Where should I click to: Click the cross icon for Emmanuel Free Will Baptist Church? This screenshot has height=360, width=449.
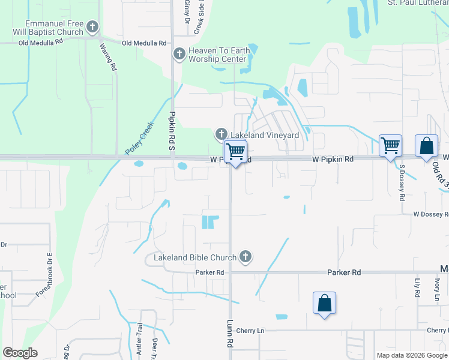click(92, 26)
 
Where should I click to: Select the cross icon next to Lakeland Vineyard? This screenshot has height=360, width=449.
click(221, 133)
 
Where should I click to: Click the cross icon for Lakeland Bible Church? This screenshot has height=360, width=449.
click(244, 257)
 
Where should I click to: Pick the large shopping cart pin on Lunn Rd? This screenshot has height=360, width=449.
click(235, 152)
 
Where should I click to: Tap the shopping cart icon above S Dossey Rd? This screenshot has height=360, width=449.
click(391, 146)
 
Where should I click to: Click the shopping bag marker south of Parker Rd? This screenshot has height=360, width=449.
click(324, 303)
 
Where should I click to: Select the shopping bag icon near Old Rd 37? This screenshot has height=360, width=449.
click(426, 146)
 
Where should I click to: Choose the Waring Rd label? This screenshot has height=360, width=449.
click(107, 58)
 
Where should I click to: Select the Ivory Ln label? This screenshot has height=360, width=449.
click(437, 288)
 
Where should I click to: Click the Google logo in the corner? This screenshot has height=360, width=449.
click(20, 353)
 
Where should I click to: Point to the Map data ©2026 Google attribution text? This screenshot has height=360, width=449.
click(412, 355)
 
